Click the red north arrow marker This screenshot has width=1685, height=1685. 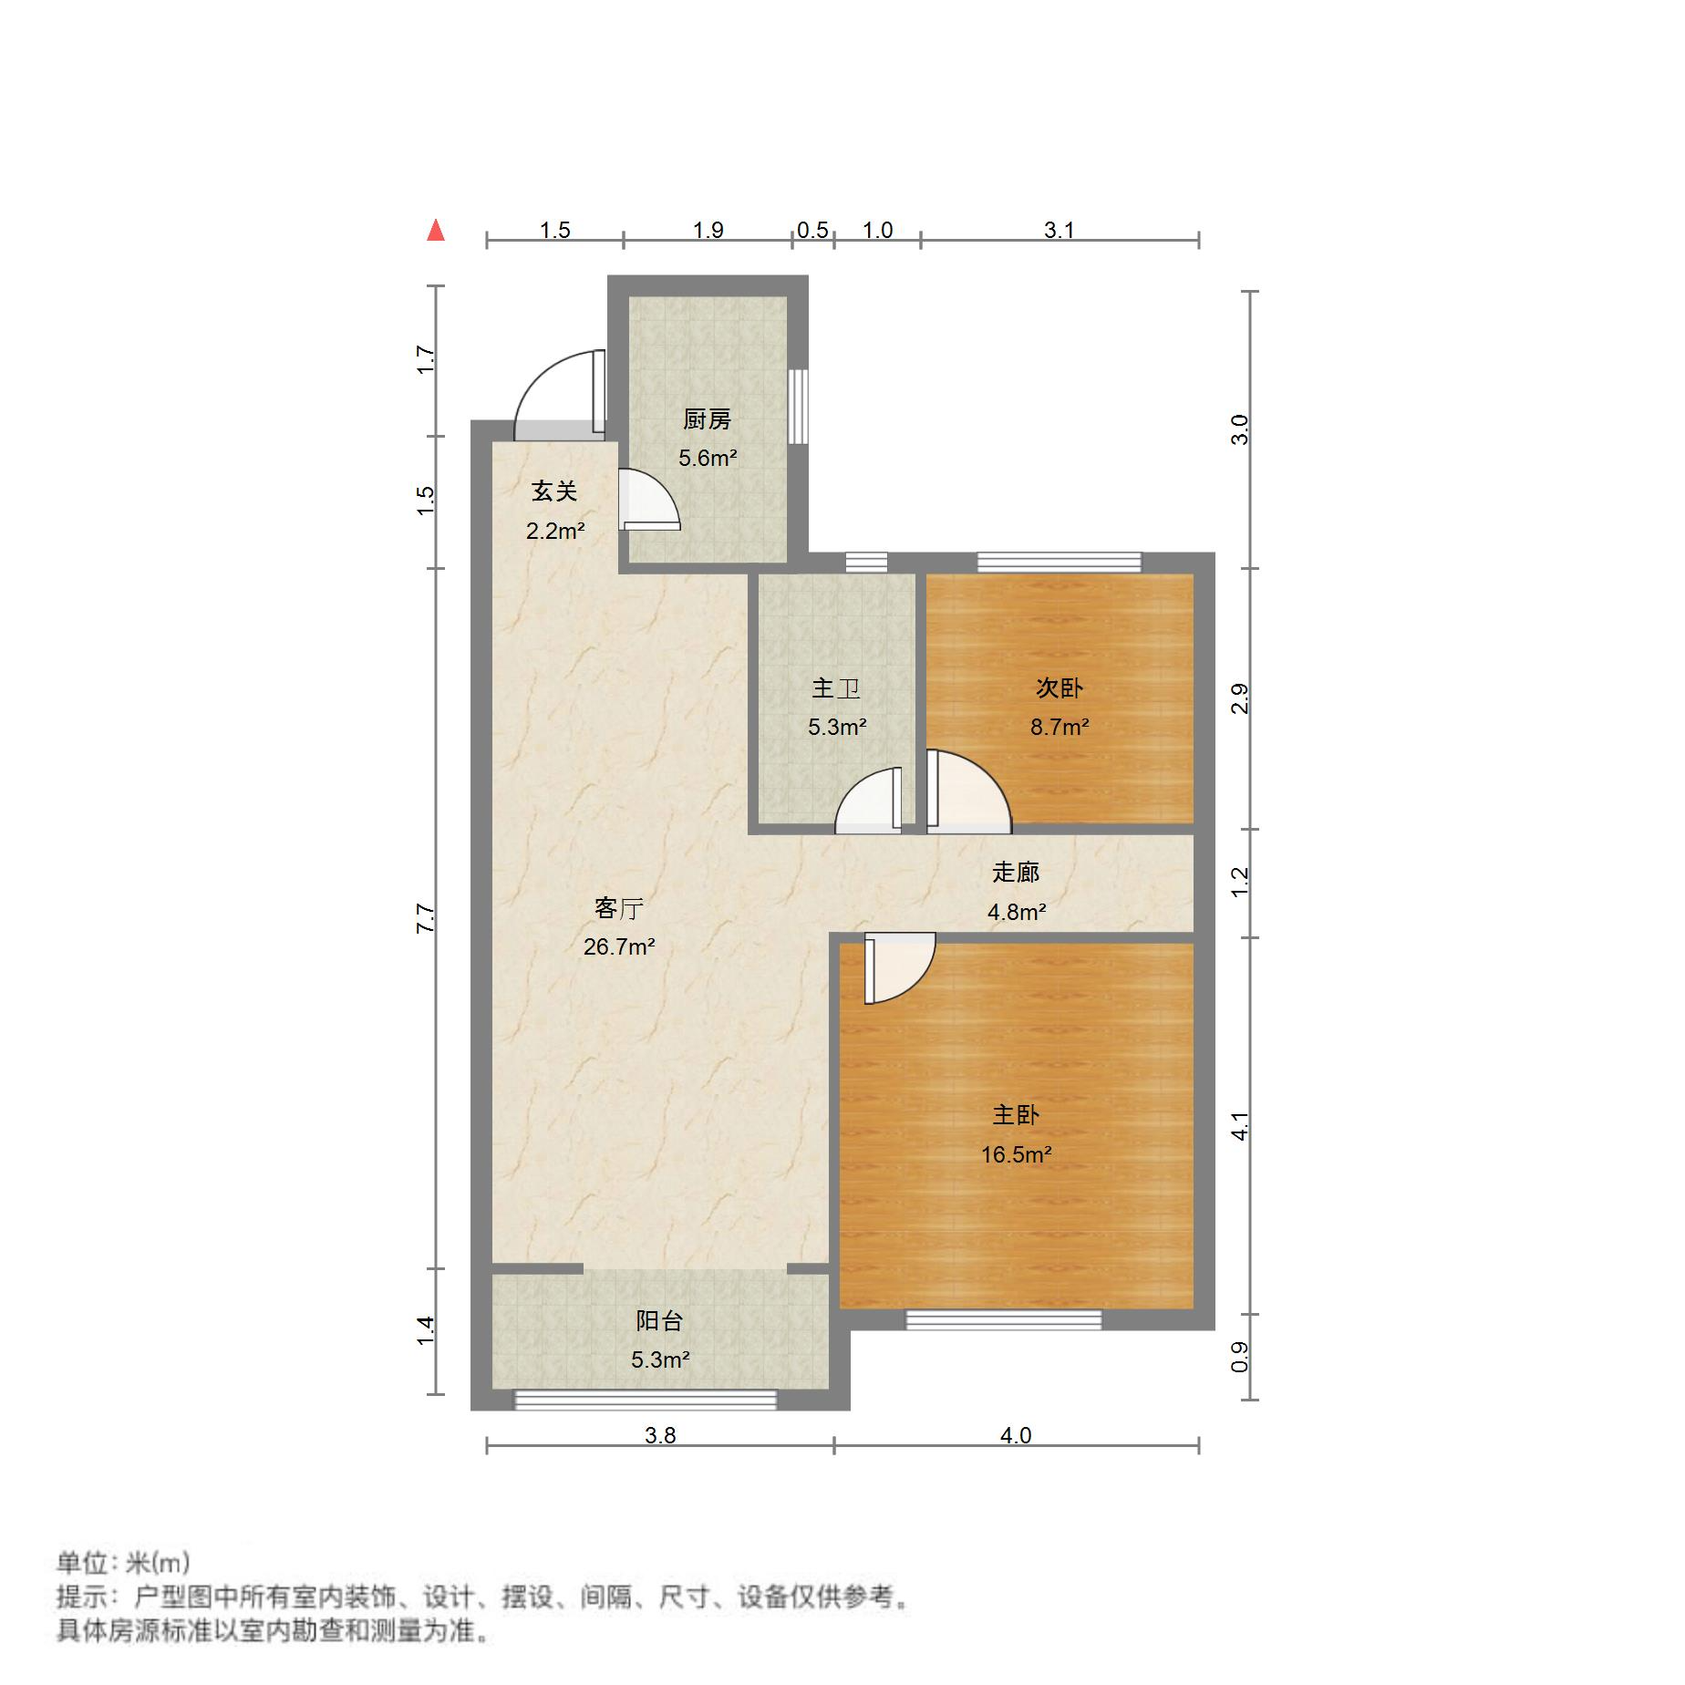[436, 231]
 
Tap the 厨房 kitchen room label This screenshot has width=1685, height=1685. [707, 419]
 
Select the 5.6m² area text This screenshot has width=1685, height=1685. [707, 458]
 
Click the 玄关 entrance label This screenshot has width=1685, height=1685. [554, 491]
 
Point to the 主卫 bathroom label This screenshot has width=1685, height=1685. [836, 688]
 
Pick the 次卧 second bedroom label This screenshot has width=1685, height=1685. [1059, 688]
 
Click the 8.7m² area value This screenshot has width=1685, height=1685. [1059, 727]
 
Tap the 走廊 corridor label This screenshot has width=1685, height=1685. [1016, 873]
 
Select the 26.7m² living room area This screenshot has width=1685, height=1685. [619, 946]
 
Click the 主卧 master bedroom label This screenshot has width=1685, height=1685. [1016, 1115]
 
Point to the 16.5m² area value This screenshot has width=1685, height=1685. [1016, 1154]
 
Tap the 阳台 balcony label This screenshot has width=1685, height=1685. [659, 1321]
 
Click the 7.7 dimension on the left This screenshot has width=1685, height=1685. [425, 917]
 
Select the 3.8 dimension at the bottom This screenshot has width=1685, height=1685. [660, 1435]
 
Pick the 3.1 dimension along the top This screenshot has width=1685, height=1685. [1059, 230]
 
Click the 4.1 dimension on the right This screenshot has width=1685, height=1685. [1239, 1126]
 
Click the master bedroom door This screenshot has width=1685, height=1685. [898, 967]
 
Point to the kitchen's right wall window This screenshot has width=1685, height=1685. [798, 406]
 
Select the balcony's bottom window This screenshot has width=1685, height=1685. [646, 1400]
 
